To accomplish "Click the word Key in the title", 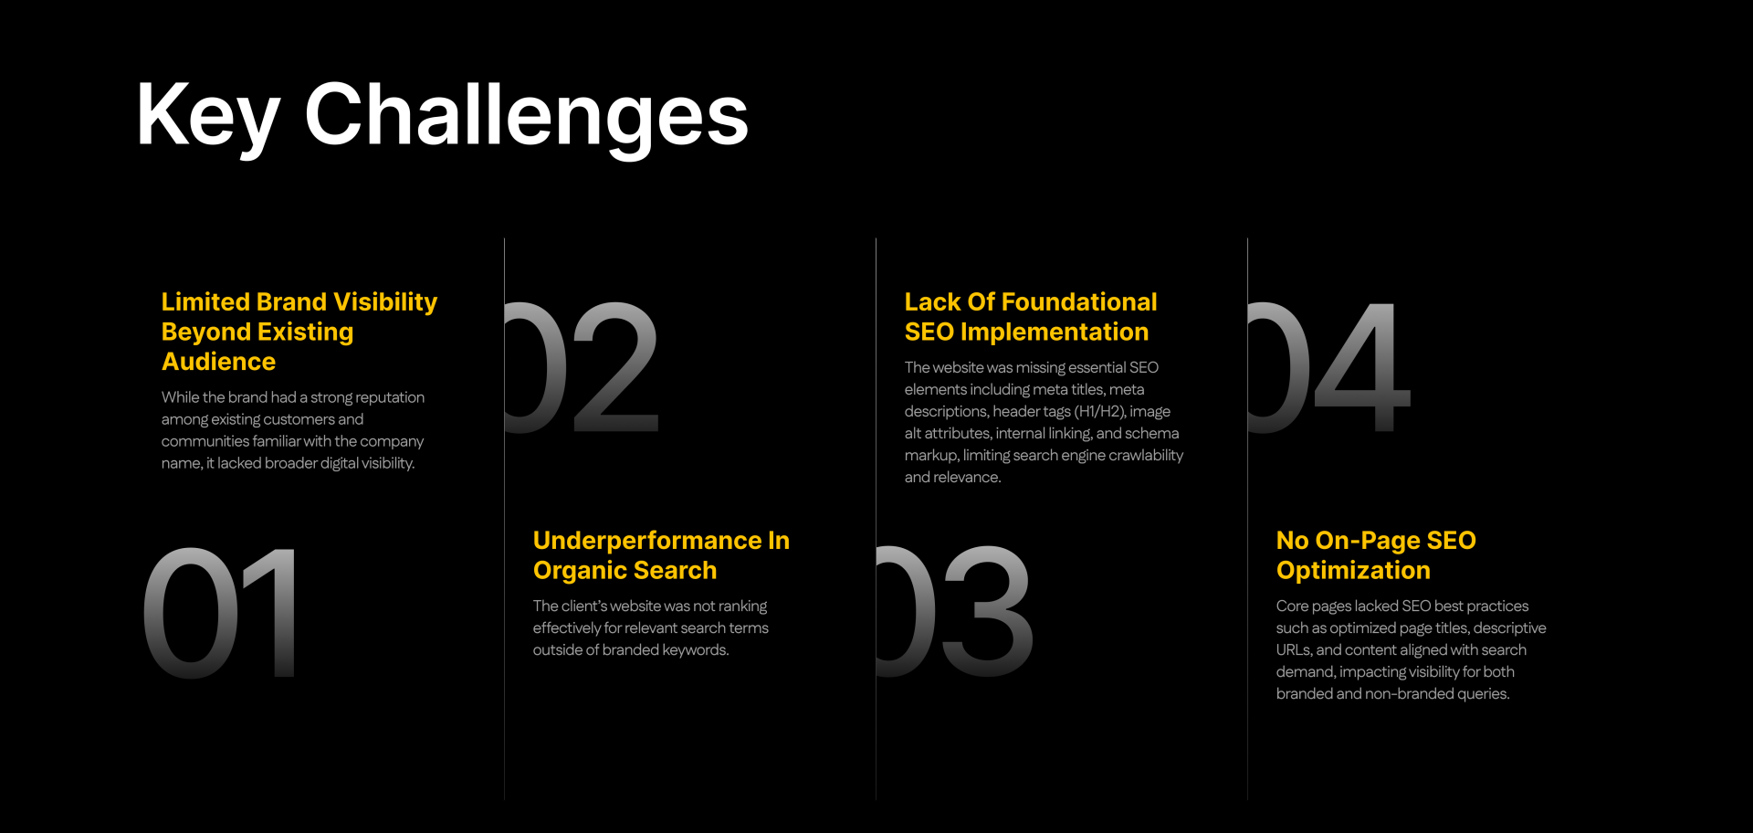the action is click(207, 116).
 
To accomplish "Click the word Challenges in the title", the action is click(527, 116).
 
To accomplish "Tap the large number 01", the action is click(220, 612).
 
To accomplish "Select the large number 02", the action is click(582, 366).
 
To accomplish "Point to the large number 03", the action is click(954, 612).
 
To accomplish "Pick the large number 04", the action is click(1329, 366).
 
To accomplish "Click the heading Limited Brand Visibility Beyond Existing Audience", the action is click(299, 332).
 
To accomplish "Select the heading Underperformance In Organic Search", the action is click(661, 555).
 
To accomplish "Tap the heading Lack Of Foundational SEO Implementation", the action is click(1031, 317).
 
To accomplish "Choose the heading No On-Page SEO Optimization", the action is click(1376, 555).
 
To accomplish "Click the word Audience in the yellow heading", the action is click(218, 362).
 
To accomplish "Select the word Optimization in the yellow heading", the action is click(1353, 571).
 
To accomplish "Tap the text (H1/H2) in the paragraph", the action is click(1100, 412).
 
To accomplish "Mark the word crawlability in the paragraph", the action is click(1146, 456).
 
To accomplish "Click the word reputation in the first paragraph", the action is click(390, 398).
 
